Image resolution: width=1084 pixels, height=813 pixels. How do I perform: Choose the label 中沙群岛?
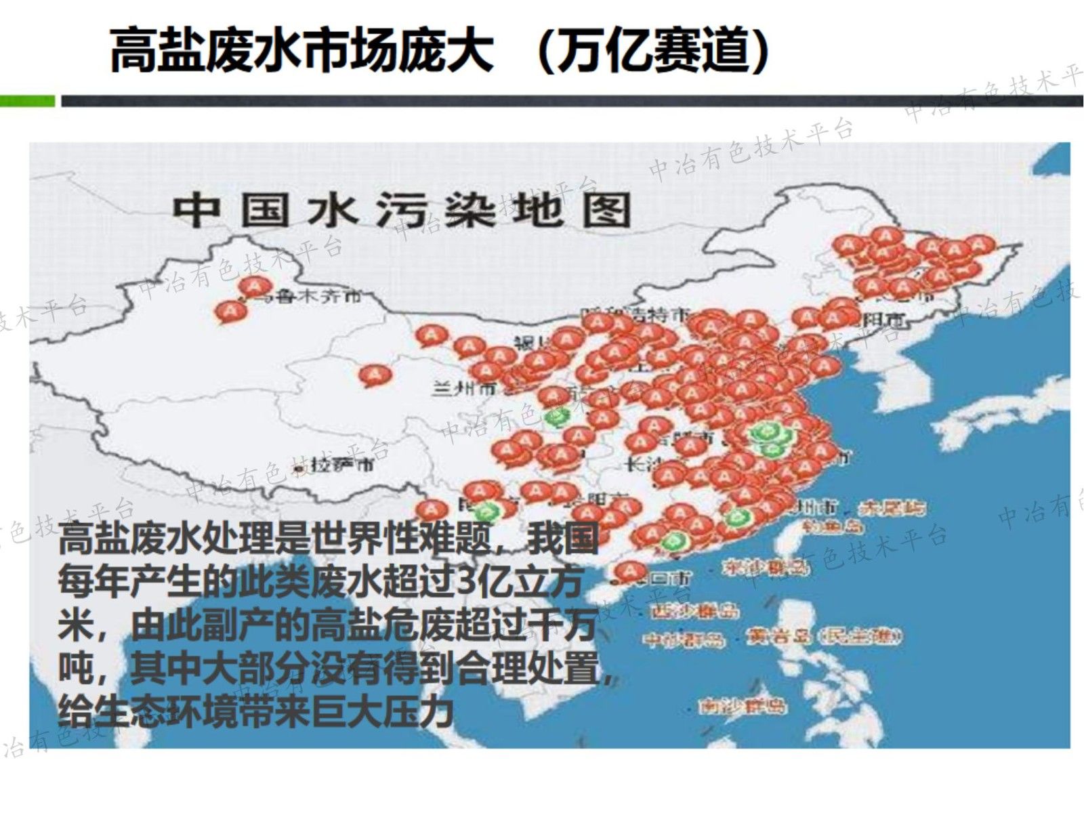[684, 639]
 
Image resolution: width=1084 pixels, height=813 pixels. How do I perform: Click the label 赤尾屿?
[892, 507]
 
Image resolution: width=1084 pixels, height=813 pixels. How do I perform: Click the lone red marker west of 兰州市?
[375, 375]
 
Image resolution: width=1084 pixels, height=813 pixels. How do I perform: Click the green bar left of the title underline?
[27, 101]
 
